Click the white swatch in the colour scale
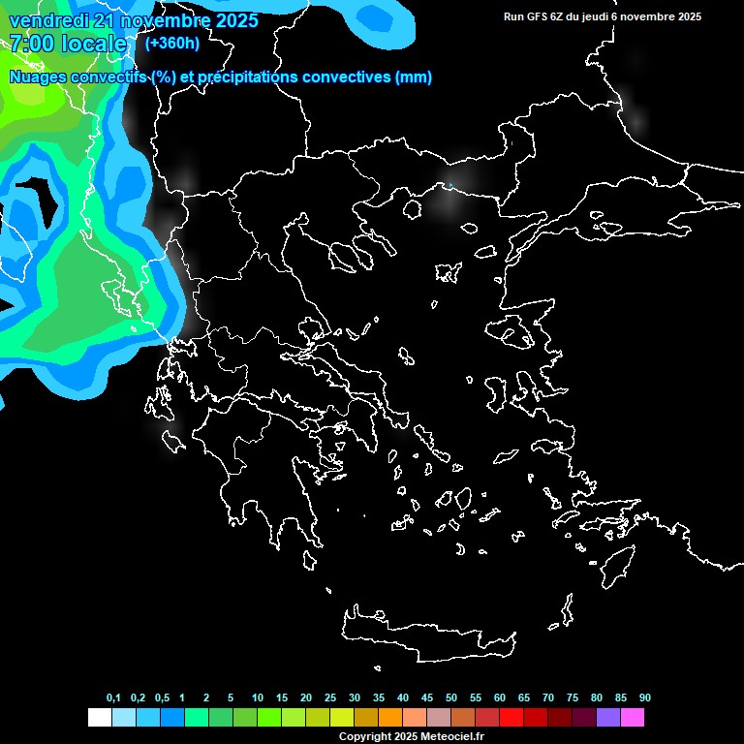[x=99, y=717]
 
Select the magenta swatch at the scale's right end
[x=633, y=717]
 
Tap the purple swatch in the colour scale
[x=608, y=717]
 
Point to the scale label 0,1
[x=113, y=698]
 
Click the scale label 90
[x=645, y=698]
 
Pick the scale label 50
[x=451, y=698]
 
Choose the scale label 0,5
[x=162, y=698]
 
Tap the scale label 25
[x=330, y=698]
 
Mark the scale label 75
[x=573, y=698]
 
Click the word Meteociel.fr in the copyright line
[x=451, y=737]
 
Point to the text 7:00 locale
[x=68, y=44]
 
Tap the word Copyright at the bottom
[x=364, y=737]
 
